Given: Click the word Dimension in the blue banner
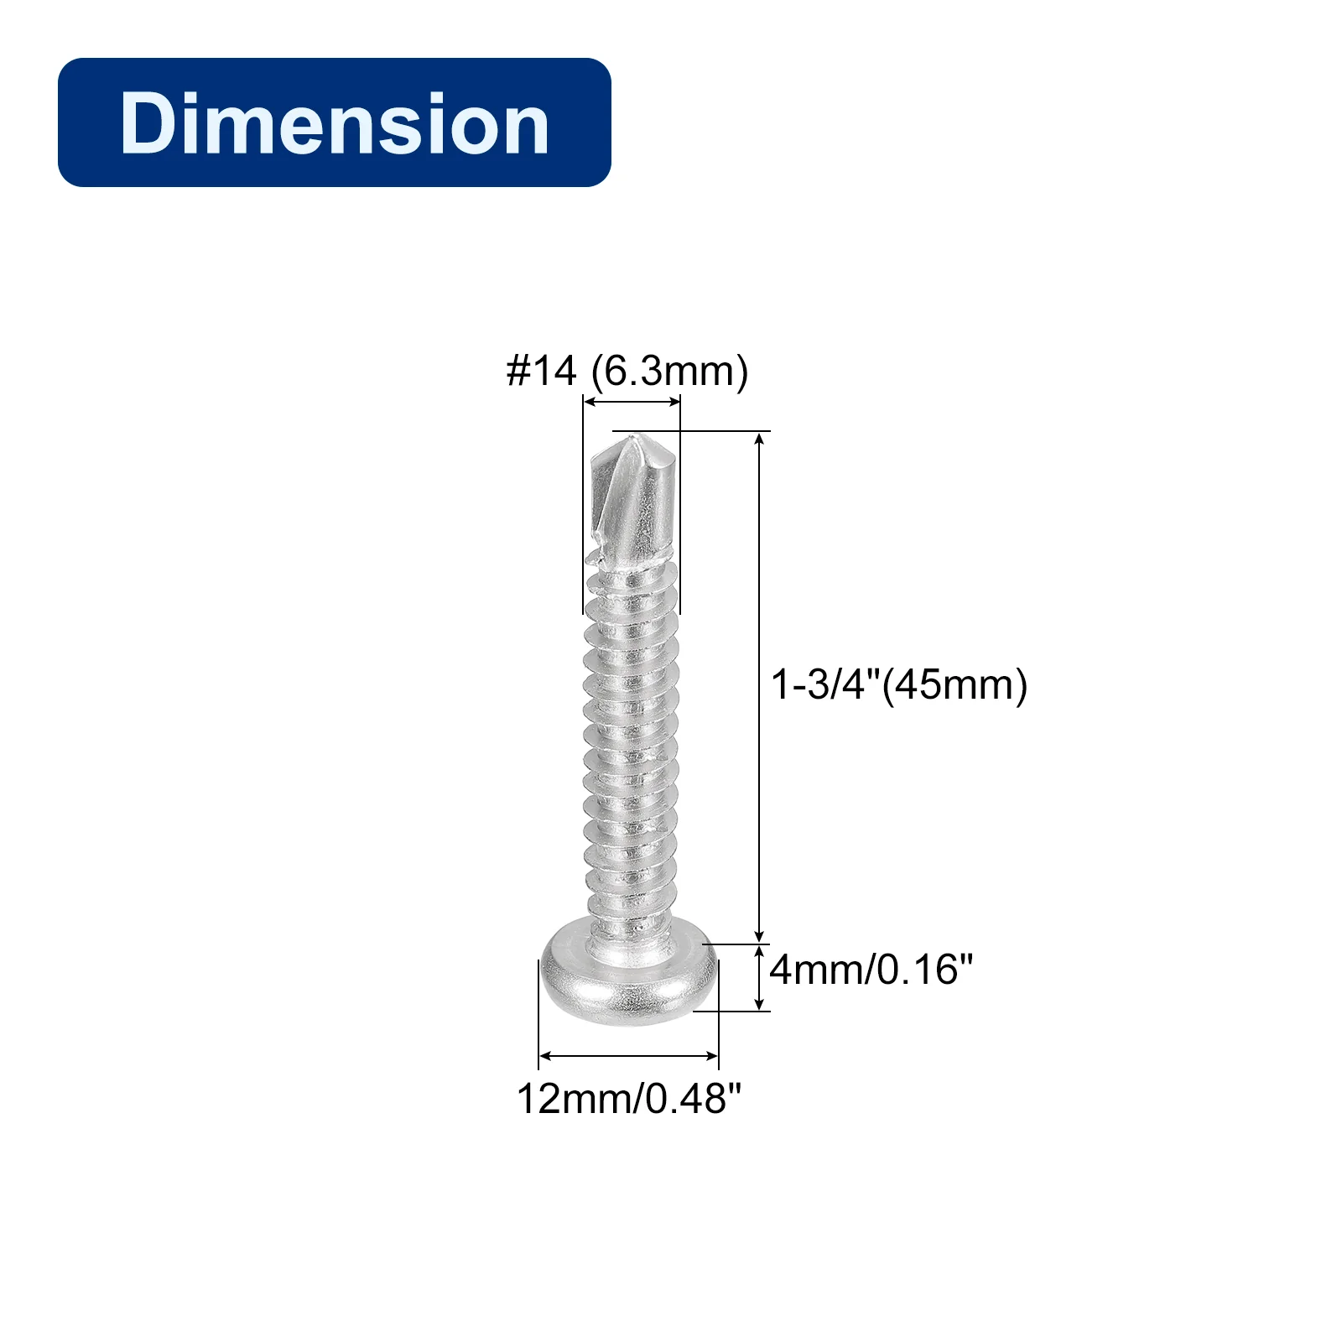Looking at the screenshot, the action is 334,123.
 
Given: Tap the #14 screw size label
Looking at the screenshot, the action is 542,371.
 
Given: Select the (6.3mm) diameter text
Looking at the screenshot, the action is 669,372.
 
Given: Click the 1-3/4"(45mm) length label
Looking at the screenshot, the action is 899,684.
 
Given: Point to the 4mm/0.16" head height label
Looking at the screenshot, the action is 871,970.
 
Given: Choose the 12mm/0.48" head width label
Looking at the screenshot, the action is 629,1099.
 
